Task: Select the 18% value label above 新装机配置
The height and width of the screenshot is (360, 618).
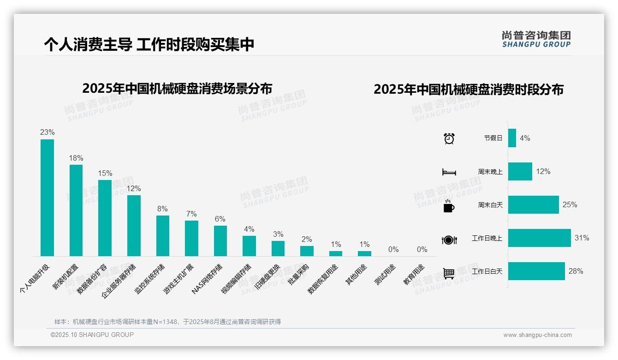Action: (76, 158)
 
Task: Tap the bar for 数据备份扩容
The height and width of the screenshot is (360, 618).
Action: (105, 218)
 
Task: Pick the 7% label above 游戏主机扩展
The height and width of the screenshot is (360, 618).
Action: (191, 214)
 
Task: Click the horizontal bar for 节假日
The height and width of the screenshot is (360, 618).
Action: (512, 138)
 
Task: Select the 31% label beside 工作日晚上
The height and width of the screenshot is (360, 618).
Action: (582, 238)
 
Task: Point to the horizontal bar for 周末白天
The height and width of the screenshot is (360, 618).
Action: (533, 204)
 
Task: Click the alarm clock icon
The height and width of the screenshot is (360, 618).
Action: (449, 138)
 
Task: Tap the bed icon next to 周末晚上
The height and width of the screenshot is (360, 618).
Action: (449, 172)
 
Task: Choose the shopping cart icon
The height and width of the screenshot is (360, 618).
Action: (449, 273)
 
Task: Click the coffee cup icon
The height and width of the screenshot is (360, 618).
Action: (449, 206)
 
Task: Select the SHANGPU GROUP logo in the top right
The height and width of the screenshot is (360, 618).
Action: (536, 39)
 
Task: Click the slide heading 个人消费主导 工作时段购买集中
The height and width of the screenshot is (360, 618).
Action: (149, 44)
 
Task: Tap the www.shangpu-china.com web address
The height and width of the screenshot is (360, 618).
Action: (537, 335)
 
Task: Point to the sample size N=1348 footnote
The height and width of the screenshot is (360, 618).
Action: (167, 322)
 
